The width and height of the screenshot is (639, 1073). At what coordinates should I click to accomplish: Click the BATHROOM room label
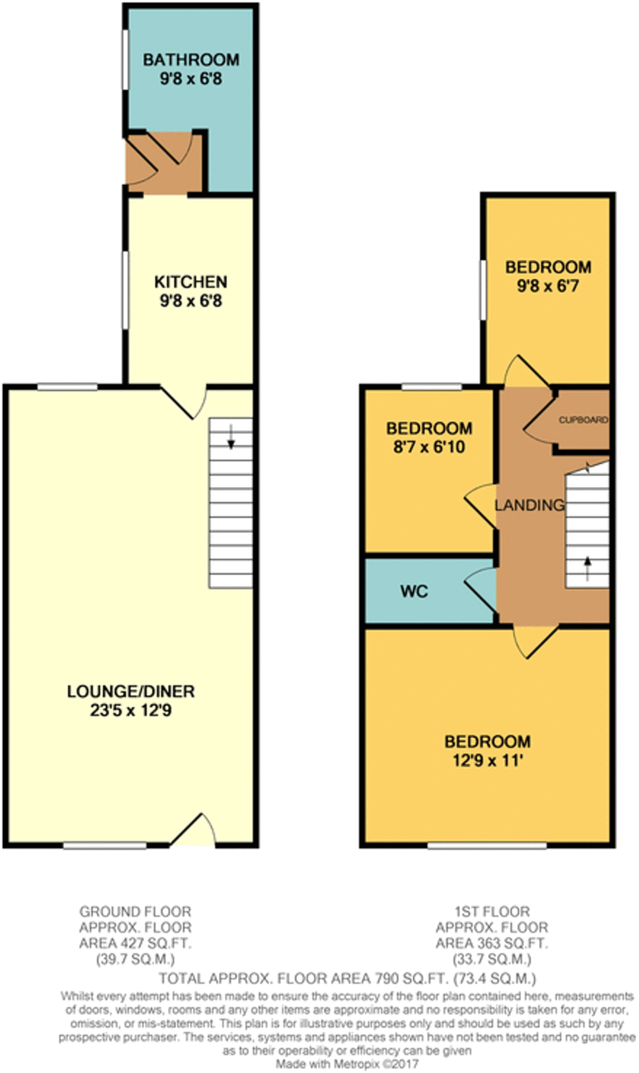click(x=191, y=60)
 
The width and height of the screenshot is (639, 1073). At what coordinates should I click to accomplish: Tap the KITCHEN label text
click(x=191, y=282)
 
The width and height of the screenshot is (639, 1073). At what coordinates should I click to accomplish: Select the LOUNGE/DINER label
click(x=131, y=692)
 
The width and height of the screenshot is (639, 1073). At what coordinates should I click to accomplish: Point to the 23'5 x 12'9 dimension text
click(x=131, y=711)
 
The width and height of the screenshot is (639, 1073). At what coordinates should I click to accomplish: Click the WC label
click(x=414, y=592)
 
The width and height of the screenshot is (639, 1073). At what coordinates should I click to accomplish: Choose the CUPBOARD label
click(x=583, y=420)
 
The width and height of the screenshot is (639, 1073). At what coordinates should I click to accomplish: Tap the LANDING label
click(x=530, y=505)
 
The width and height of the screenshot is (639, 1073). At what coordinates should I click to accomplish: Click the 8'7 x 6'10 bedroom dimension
click(x=429, y=447)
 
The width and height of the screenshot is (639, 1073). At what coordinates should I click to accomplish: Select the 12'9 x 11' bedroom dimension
click(x=488, y=760)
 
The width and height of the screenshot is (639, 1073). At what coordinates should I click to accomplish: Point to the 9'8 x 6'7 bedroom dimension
click(x=548, y=286)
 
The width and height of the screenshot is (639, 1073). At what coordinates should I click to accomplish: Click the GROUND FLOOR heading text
click(x=135, y=912)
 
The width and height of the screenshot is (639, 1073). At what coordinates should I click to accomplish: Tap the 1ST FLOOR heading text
click(x=492, y=912)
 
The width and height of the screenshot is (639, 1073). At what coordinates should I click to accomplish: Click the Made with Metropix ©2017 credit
click(x=347, y=1065)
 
